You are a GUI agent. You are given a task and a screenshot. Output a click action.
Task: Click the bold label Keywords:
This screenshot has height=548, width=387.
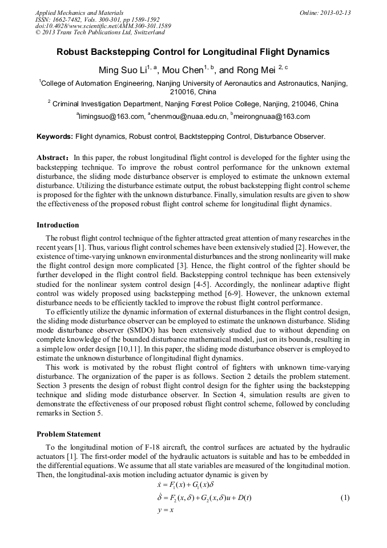click(x=55, y=137)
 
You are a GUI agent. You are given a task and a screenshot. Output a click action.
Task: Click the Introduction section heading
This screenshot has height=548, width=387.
click(x=58, y=225)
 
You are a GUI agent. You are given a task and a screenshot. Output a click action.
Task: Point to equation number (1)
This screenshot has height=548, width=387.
click(x=345, y=497)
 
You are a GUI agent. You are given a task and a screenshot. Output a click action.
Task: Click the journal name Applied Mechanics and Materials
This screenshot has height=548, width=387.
click(x=79, y=13)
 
